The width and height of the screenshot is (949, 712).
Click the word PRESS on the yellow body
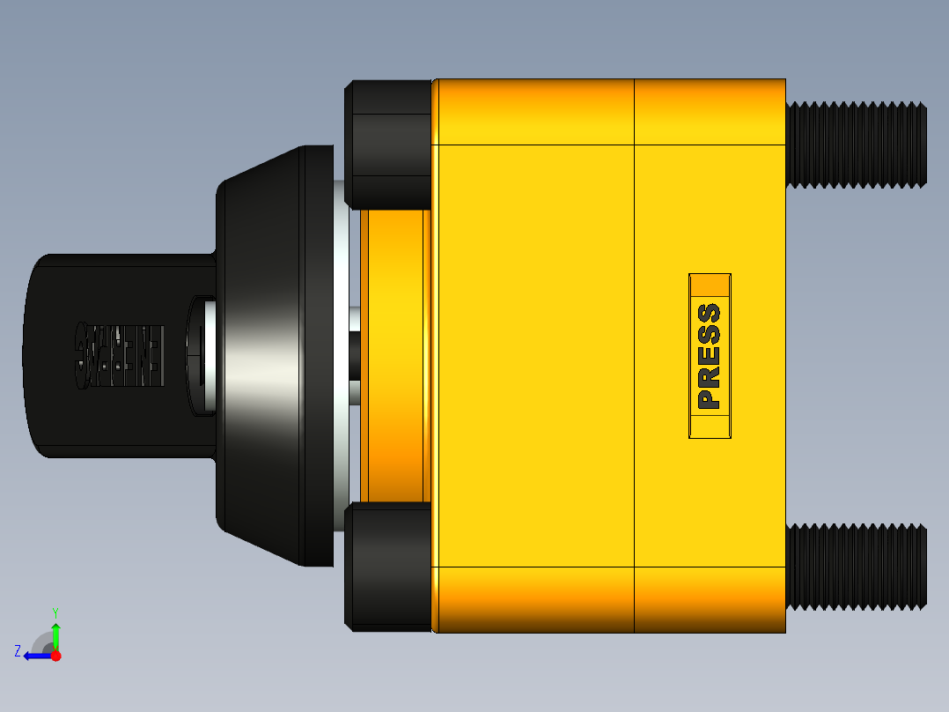point(709,356)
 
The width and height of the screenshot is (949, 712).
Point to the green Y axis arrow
point(55,635)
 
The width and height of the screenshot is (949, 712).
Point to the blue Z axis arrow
point(35,656)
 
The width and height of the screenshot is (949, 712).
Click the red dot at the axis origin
point(55,656)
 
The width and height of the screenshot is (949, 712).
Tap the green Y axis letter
point(55,612)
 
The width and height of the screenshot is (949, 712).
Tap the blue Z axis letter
point(18,651)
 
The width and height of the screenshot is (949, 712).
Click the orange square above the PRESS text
point(710,286)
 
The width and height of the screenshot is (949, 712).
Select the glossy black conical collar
point(264,356)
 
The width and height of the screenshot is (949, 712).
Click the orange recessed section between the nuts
point(392,356)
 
